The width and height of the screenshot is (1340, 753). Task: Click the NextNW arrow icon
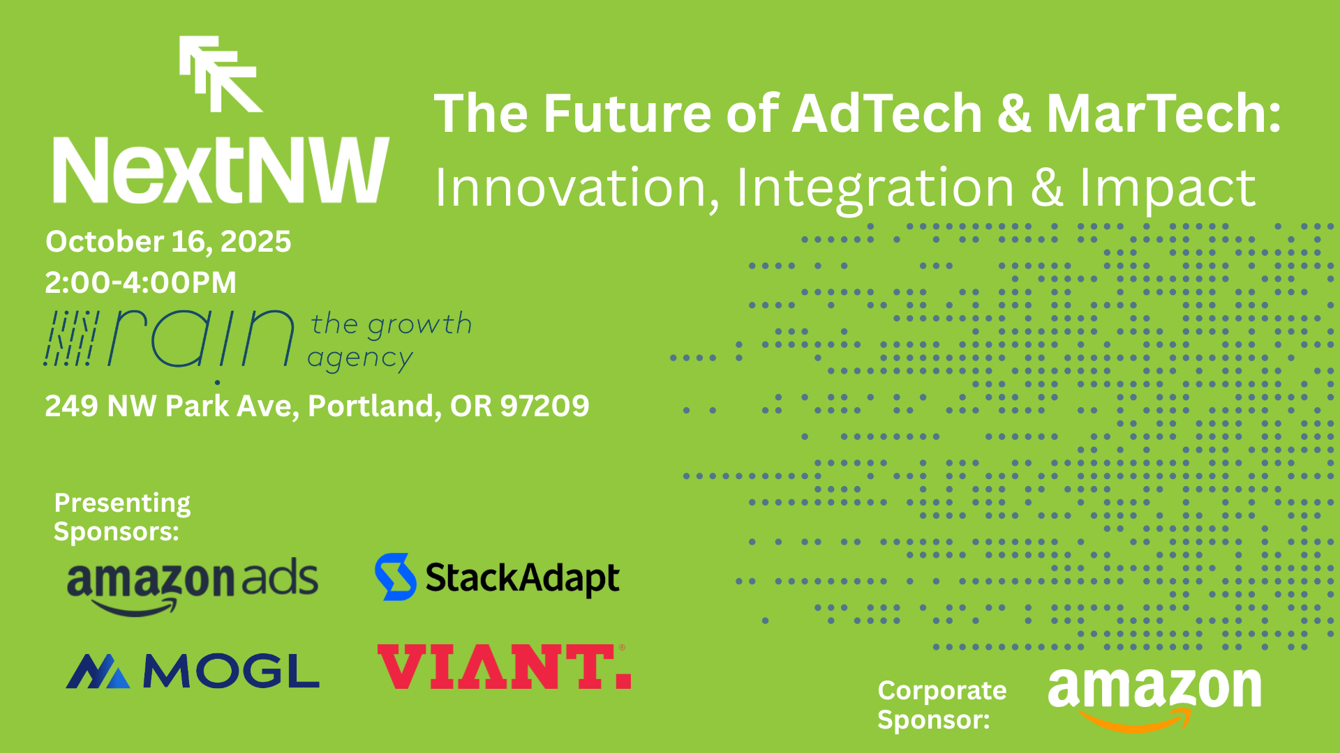coord(221,74)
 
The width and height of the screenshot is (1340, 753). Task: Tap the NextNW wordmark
coord(221,170)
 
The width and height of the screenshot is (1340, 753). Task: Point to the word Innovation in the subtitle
coord(577,188)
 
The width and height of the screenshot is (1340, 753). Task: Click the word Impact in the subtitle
coord(1167,188)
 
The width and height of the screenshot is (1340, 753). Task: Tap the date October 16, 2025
coord(168,242)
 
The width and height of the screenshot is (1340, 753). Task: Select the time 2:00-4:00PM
coord(141,282)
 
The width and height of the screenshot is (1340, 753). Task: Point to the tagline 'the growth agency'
coord(389,340)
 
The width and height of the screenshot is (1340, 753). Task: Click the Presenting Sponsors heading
coord(122,517)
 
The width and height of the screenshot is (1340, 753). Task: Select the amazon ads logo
coord(193,584)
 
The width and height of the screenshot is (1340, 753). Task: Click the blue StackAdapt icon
coord(395,577)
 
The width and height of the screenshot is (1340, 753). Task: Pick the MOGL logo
coord(193,671)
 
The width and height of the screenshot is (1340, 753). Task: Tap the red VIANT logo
coord(504,667)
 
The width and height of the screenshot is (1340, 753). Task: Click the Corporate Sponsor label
coord(941,704)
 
